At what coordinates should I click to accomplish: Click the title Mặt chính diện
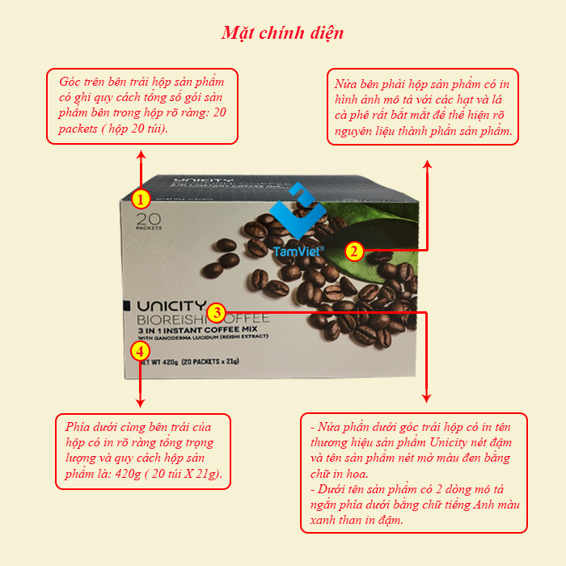click(282, 33)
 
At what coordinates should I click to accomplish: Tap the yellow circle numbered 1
click(141, 199)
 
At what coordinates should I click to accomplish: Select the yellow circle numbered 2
click(354, 251)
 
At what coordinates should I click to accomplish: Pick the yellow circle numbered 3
click(217, 312)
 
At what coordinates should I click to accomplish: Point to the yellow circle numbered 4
click(140, 351)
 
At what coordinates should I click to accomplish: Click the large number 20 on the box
click(148, 219)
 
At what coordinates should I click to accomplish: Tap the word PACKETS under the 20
click(149, 228)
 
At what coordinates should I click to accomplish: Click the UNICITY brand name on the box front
click(171, 306)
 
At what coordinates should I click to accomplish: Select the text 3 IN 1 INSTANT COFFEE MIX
click(198, 330)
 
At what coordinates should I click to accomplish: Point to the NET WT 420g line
click(189, 361)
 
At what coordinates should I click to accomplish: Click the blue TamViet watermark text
click(298, 251)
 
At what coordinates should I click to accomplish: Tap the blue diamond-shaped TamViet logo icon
click(298, 210)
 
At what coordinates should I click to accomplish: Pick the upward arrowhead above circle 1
click(141, 155)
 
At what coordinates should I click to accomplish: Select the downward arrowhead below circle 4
click(140, 403)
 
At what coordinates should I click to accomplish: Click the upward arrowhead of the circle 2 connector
click(428, 164)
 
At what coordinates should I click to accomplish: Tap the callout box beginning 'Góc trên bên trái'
click(142, 106)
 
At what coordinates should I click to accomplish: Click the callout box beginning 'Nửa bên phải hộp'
click(423, 107)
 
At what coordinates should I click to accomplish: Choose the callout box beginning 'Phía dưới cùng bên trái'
click(143, 451)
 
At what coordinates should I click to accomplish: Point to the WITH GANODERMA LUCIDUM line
click(203, 337)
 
